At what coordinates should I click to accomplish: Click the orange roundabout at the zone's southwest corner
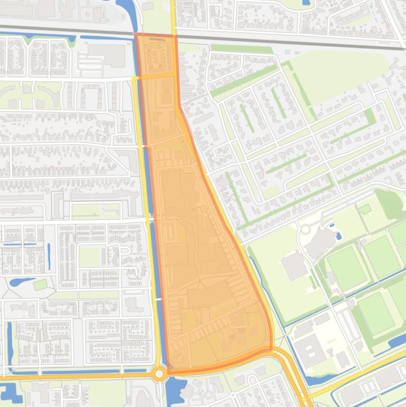(x=159, y=374)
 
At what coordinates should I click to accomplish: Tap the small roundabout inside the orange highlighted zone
(x=204, y=210)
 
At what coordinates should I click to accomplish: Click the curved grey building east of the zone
(x=320, y=241)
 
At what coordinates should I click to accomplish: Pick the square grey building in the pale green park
(x=294, y=266)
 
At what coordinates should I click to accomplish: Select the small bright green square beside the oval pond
(x=40, y=285)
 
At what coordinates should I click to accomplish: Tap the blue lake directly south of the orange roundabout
(x=174, y=391)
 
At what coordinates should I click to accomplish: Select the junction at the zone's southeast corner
(x=271, y=349)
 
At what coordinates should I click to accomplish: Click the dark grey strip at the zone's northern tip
(x=156, y=39)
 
